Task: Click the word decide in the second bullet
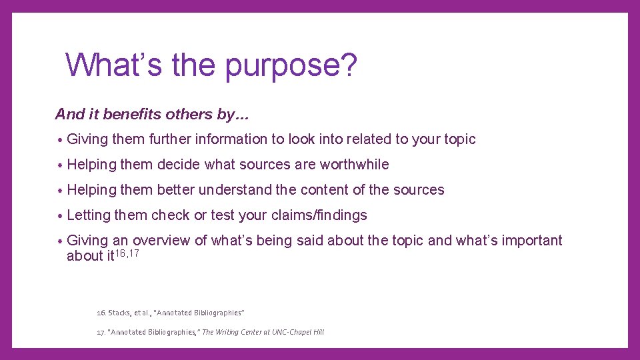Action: pos(179,165)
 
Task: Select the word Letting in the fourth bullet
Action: pos(89,215)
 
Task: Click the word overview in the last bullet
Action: pos(161,241)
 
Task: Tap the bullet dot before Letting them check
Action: pos(60,216)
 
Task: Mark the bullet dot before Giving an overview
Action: pos(60,241)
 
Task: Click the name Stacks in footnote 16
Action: pos(121,313)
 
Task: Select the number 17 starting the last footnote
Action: pos(101,332)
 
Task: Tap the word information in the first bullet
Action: pos(231,139)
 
